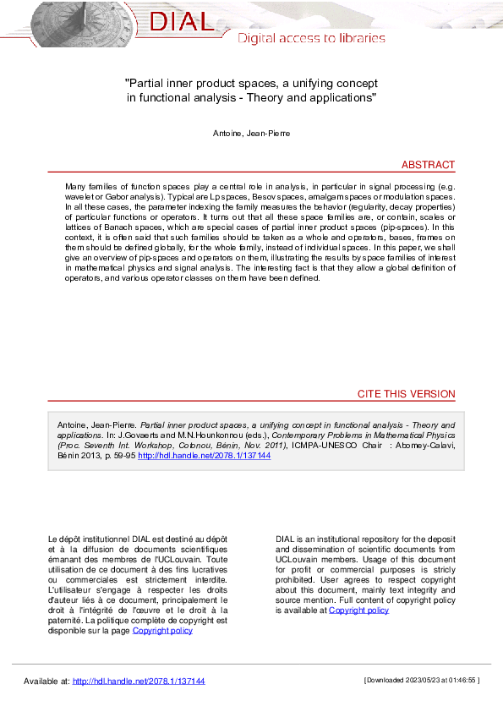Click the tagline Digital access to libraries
(310, 38)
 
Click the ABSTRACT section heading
(428, 165)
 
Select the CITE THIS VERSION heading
(406, 394)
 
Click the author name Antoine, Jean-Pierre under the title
(251, 134)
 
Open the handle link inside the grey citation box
(204, 455)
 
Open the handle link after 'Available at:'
(139, 681)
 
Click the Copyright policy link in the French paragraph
(162, 630)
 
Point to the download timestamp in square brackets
(421, 681)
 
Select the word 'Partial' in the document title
(147, 84)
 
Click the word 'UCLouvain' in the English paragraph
(302, 559)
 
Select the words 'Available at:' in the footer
(46, 681)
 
